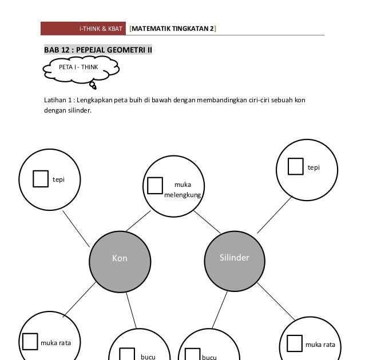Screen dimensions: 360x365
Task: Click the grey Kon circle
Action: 119,258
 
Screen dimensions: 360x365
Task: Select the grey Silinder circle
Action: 234,258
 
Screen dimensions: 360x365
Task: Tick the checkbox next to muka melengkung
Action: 155,186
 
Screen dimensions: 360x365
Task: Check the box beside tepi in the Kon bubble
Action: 40,178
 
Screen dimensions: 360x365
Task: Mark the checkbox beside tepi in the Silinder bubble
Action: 295,166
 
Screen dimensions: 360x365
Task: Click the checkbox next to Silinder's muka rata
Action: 294,343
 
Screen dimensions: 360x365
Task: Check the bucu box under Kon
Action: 126,354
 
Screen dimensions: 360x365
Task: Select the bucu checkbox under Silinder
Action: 193,354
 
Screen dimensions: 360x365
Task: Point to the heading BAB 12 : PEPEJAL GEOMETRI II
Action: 98,50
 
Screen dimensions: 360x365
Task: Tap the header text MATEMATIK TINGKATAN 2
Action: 172,28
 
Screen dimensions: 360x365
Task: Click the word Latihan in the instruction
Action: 55,100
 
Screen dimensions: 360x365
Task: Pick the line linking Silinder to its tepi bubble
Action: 274,215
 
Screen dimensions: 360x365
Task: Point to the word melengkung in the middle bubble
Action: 182,195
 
